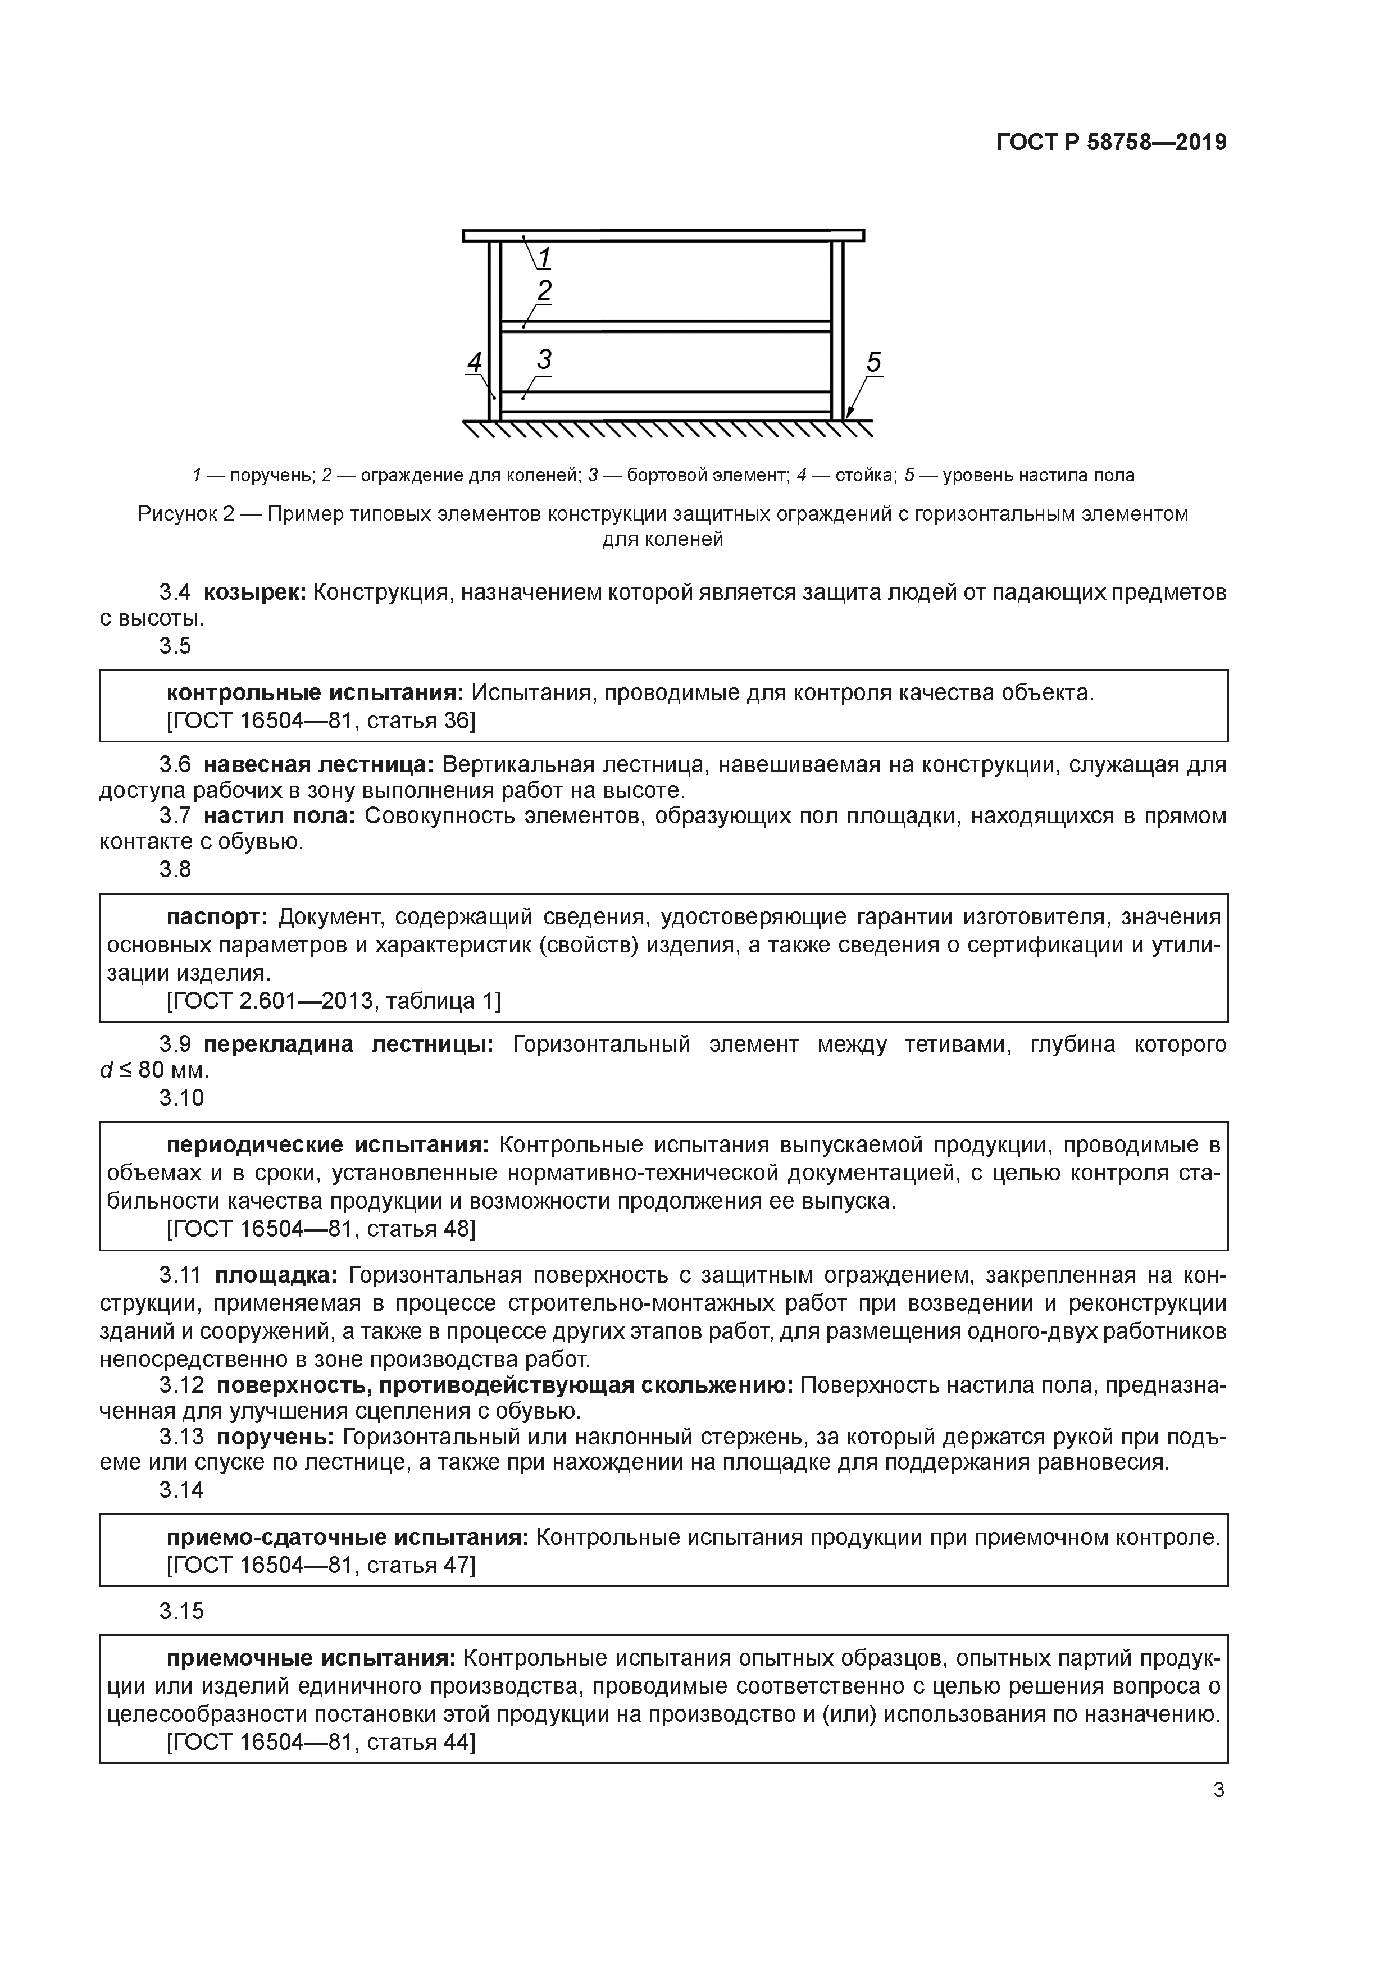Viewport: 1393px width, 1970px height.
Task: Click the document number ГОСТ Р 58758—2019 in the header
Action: (1112, 143)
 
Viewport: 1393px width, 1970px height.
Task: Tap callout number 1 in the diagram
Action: (544, 257)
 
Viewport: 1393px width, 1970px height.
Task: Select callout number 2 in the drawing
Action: (544, 291)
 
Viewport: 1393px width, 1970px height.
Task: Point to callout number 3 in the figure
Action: (544, 359)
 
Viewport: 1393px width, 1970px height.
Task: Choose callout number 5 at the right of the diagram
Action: (874, 362)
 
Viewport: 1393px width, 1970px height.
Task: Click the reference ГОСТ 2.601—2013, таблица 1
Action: (333, 1001)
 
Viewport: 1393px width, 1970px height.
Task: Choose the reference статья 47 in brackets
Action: (420, 1565)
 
